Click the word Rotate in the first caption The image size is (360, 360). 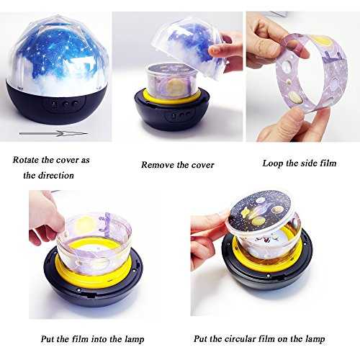pyautogui.click(x=26, y=160)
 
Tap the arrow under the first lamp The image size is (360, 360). pyautogui.click(x=53, y=133)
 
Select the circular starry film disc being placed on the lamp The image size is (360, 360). pyautogui.click(x=259, y=211)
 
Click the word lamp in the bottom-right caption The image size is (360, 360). pyautogui.click(x=315, y=339)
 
